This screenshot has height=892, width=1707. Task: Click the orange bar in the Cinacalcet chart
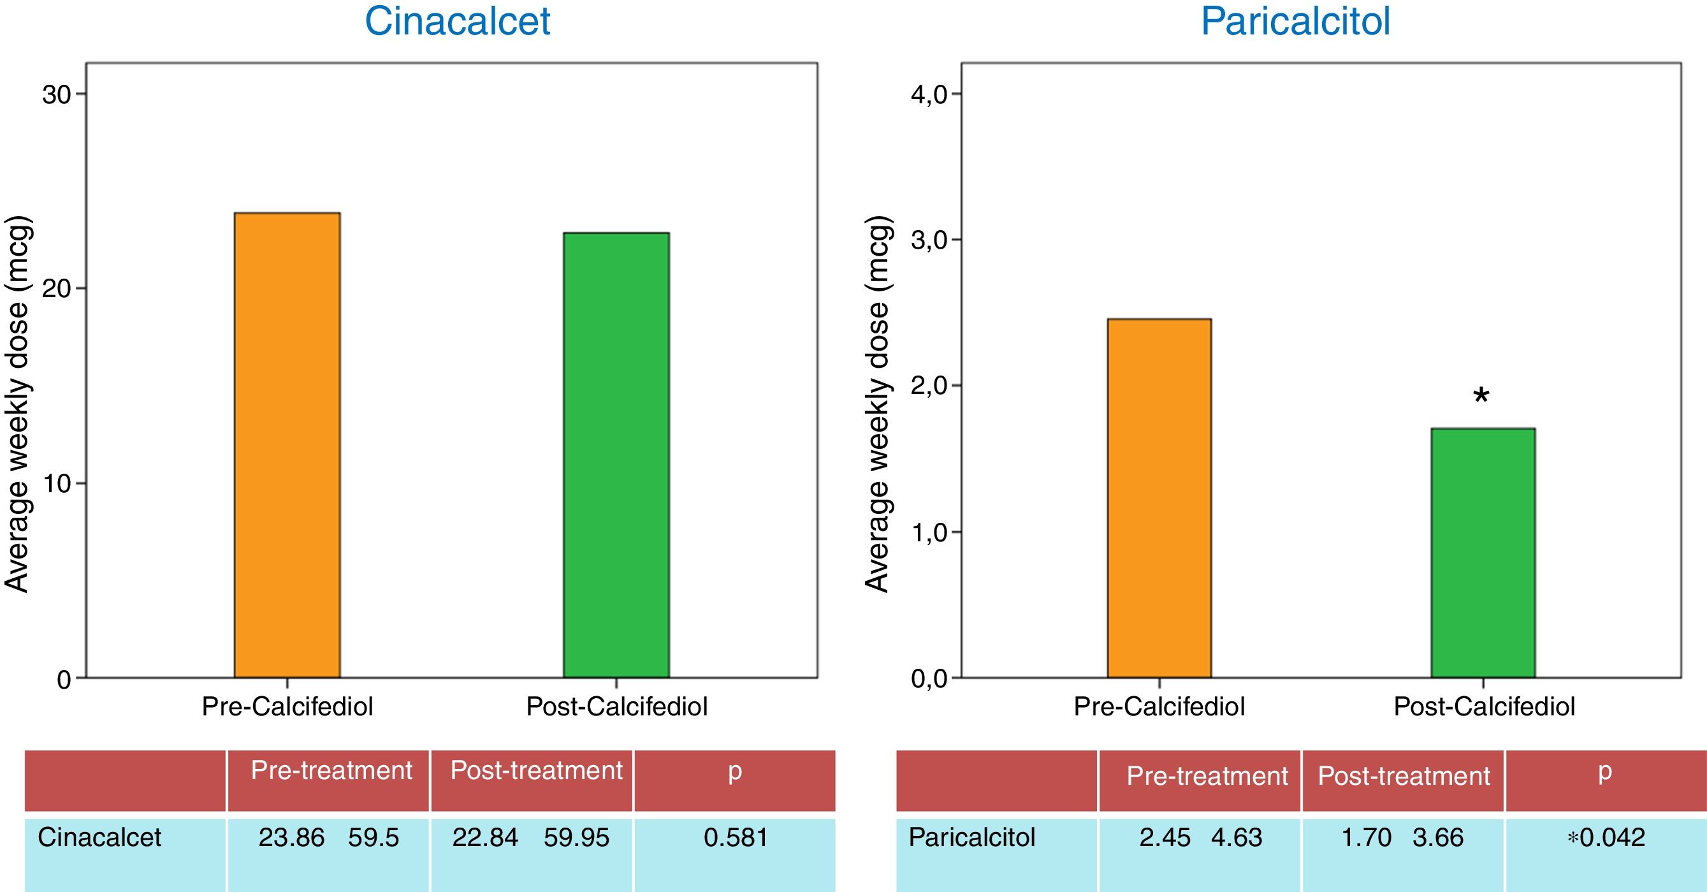(x=287, y=445)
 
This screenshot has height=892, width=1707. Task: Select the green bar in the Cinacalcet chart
(x=616, y=455)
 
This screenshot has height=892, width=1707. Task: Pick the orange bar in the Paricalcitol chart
(x=1159, y=499)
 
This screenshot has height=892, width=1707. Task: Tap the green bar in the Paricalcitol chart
(x=1483, y=553)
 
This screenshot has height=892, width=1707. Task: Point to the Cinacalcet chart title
(x=457, y=21)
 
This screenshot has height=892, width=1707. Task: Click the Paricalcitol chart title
(x=1295, y=21)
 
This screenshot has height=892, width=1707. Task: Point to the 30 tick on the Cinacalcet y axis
(x=57, y=95)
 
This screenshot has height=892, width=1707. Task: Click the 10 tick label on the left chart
(x=57, y=484)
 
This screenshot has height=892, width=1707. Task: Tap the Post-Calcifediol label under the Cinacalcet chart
(x=616, y=706)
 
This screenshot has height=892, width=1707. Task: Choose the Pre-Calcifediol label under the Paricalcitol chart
(x=1159, y=706)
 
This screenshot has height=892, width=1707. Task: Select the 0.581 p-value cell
(x=735, y=838)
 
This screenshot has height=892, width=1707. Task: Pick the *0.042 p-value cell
(x=1606, y=838)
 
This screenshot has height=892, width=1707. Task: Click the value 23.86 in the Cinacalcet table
(x=291, y=838)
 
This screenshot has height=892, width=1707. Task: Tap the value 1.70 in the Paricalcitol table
(x=1365, y=838)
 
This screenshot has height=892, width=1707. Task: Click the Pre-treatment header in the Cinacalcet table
(x=331, y=771)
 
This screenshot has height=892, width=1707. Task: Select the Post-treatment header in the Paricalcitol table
(x=1404, y=775)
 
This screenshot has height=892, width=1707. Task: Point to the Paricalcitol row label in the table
(x=971, y=838)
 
